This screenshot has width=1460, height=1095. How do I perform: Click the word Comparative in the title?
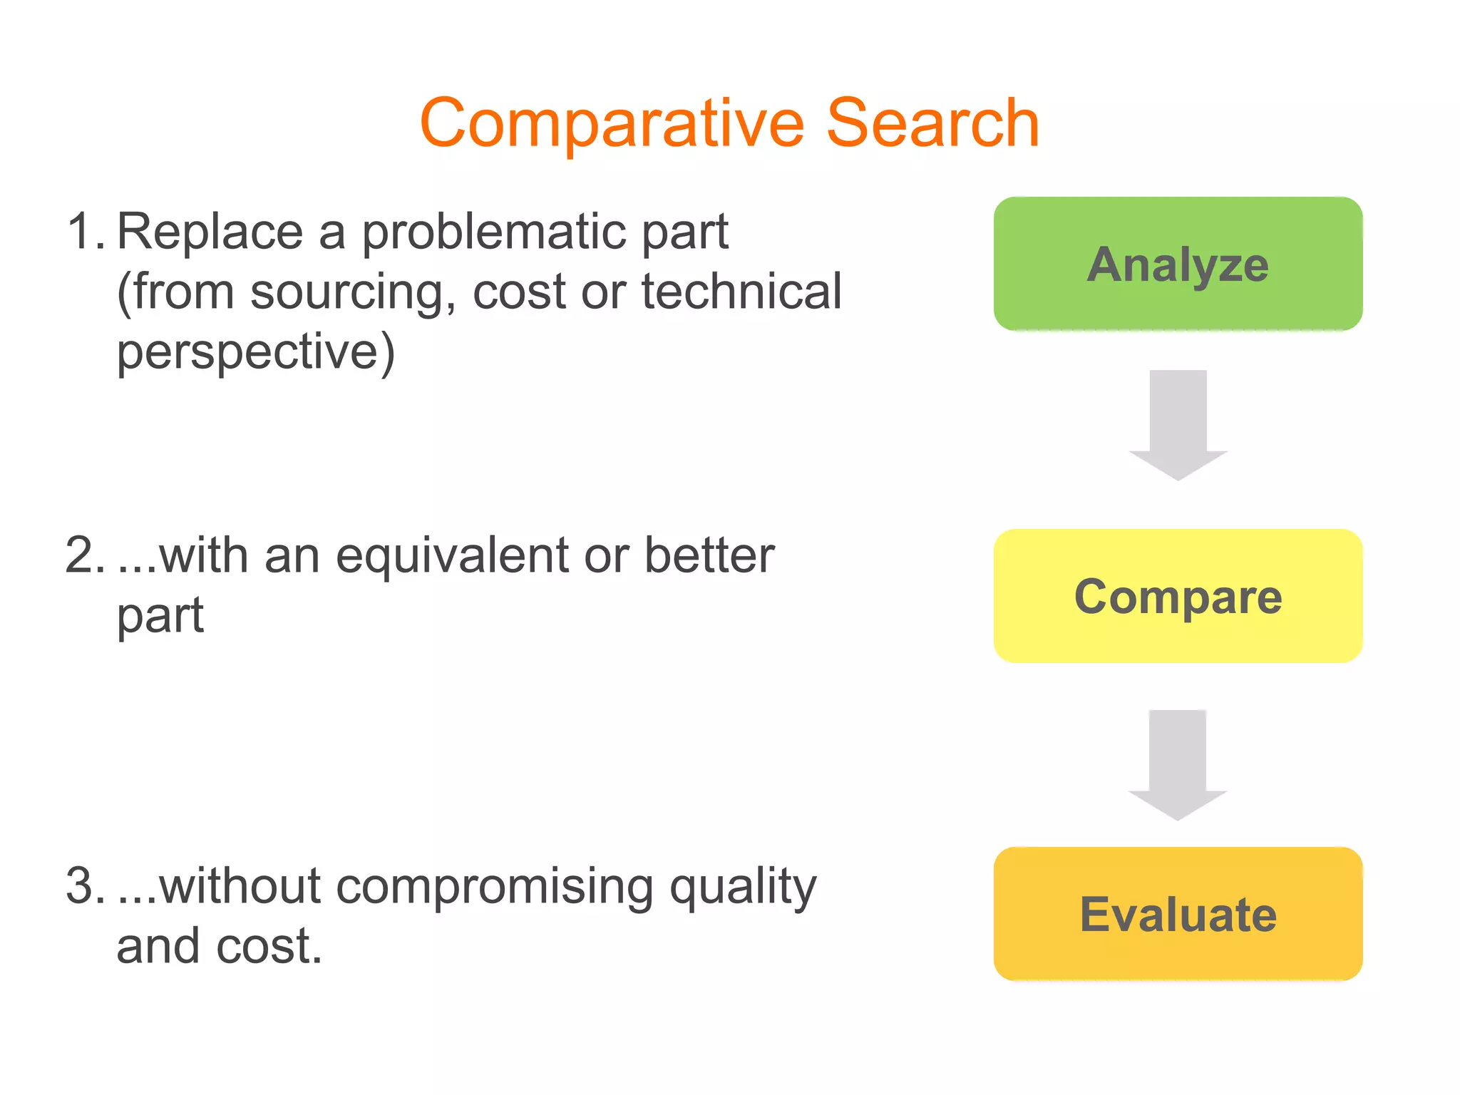point(612,124)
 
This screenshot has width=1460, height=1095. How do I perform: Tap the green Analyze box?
point(1178,264)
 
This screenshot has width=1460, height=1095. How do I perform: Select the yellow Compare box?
point(1178,596)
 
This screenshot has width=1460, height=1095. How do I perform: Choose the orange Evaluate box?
point(1178,914)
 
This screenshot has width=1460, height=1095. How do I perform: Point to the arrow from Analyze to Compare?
point(1178,425)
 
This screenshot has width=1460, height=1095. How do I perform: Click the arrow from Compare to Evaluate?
point(1178,764)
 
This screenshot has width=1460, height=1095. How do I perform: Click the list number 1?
point(85,232)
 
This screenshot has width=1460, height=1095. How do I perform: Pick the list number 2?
point(85,555)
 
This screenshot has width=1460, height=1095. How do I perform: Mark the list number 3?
point(85,886)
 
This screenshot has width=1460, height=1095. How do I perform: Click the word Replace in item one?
point(210,232)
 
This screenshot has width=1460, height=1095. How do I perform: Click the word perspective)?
point(255,352)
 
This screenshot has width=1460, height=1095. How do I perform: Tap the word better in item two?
point(709,555)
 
